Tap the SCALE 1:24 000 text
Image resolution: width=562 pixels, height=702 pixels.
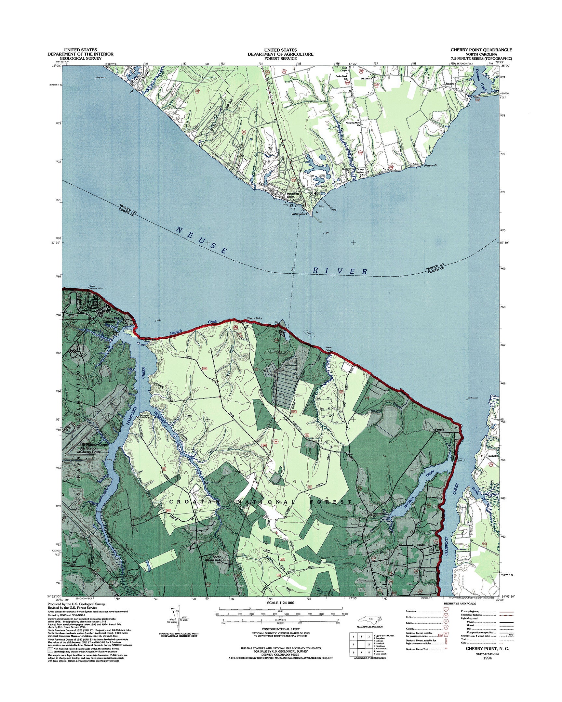[x=280, y=603]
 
